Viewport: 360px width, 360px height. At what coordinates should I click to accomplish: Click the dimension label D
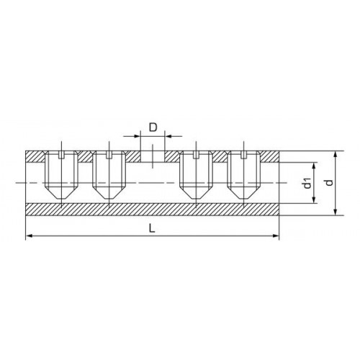pyautogui.click(x=153, y=127)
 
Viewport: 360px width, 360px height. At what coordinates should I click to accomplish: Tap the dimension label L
pyautogui.click(x=152, y=228)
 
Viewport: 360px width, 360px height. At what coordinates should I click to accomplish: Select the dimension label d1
pyautogui.click(x=307, y=183)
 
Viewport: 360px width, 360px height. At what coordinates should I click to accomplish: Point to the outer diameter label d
pyautogui.click(x=330, y=183)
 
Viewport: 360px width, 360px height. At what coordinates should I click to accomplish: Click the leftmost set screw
pyautogui.click(x=62, y=175)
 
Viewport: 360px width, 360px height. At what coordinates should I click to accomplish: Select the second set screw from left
pyautogui.click(x=109, y=175)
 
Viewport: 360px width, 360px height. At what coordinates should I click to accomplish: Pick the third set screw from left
pyautogui.click(x=197, y=175)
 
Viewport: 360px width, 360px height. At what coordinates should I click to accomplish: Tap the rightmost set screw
pyautogui.click(x=244, y=175)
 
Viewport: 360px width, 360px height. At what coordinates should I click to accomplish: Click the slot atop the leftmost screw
pyautogui.click(x=62, y=155)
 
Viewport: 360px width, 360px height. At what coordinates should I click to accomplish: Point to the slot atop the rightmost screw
pyautogui.click(x=244, y=155)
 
